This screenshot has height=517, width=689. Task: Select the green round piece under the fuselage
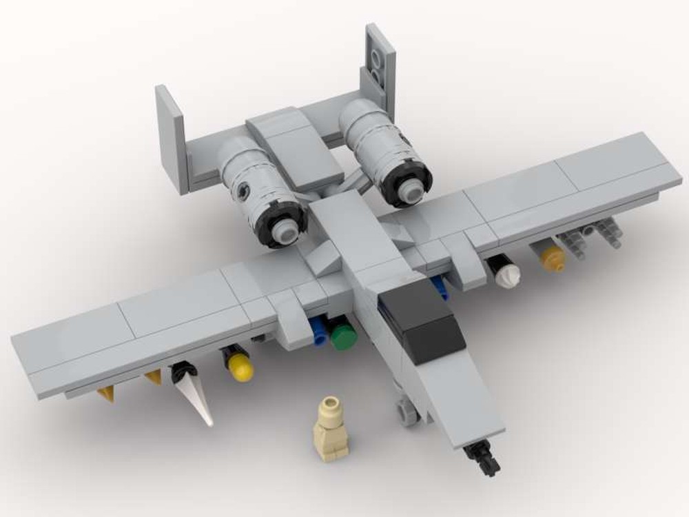343,337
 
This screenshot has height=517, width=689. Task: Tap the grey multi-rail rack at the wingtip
590,237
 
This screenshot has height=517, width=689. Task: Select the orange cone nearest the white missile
153,377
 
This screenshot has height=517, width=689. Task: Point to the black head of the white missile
183,372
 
